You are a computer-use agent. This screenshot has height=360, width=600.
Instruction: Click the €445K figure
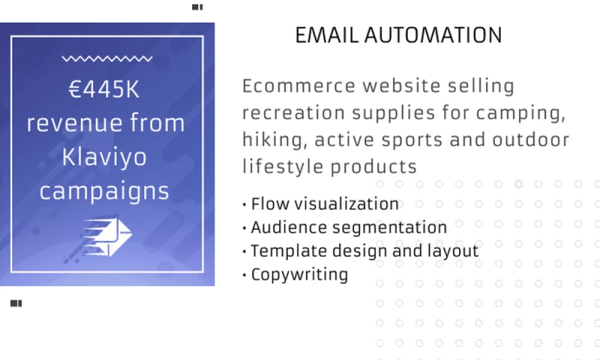pyautogui.click(x=104, y=90)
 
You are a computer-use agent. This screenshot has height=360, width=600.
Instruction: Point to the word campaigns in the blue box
pyautogui.click(x=104, y=190)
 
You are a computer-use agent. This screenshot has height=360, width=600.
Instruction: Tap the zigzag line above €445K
pyautogui.click(x=105, y=58)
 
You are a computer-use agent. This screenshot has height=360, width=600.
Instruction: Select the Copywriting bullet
pyautogui.click(x=298, y=274)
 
